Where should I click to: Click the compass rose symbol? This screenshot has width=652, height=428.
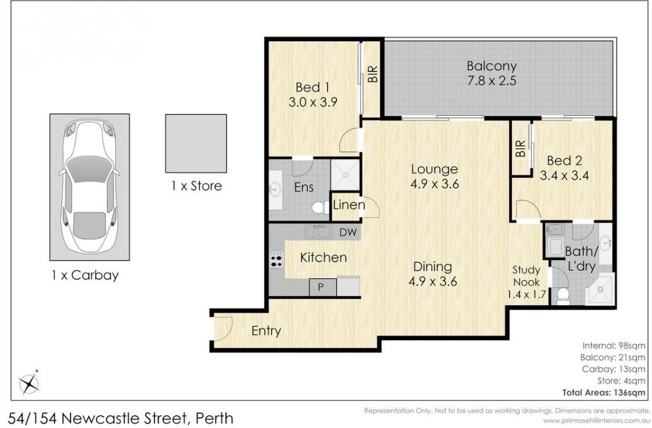click(29, 384)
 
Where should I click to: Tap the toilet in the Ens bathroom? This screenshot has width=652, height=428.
click(320, 208)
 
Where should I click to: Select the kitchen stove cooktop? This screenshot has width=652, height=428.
click(276, 259)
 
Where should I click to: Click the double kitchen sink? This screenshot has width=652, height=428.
click(318, 232)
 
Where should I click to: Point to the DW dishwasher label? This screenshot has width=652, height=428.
click(348, 232)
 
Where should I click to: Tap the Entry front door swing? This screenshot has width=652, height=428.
click(224, 328)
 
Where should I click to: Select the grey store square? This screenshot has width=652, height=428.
click(196, 143)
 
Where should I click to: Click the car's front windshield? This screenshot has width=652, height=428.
click(89, 169)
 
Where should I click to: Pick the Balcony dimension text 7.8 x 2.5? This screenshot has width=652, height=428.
click(492, 81)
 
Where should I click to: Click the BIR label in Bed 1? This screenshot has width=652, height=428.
click(373, 74)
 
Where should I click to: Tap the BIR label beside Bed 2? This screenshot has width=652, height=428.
click(520, 149)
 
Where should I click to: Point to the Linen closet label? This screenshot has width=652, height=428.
click(349, 205)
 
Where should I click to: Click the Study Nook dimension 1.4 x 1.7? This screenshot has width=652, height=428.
click(526, 294)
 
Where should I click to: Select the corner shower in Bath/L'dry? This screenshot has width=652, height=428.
click(600, 289)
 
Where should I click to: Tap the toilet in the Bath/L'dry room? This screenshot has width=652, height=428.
click(563, 296)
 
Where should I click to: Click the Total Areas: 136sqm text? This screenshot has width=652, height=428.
click(604, 393)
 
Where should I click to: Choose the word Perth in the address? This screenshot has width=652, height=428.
click(214, 419)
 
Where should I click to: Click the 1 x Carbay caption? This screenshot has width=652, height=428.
click(85, 276)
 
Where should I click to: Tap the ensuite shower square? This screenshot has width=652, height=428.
click(345, 175)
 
